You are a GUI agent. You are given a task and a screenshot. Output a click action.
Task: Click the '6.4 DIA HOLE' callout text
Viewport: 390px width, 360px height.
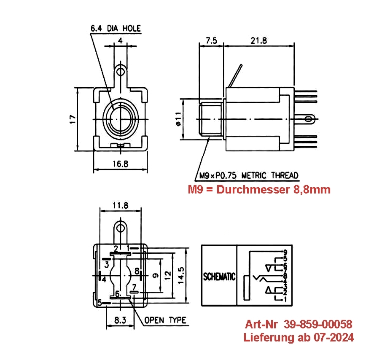click(116, 29)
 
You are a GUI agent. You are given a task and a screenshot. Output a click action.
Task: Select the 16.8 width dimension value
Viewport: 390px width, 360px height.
click(121, 164)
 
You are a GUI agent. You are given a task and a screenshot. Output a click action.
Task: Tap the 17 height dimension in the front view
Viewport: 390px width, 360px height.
click(73, 119)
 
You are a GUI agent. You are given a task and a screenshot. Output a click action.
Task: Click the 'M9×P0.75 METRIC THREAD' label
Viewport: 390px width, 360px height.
click(249, 175)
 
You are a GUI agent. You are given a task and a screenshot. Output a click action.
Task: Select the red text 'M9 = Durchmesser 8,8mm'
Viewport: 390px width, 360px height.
click(259, 190)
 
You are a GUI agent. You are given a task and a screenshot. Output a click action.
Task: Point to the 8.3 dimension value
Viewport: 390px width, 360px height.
click(121, 320)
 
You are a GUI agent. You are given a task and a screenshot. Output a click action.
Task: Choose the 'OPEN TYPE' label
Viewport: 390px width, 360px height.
click(165, 320)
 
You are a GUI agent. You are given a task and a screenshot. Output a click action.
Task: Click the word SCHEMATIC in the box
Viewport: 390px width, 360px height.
click(219, 277)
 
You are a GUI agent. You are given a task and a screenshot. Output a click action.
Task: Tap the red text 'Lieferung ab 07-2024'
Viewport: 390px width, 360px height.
click(299, 338)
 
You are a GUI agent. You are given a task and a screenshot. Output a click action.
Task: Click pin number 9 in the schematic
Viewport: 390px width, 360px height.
click(285, 253)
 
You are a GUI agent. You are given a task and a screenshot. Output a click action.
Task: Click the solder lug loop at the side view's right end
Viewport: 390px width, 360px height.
click(311, 119)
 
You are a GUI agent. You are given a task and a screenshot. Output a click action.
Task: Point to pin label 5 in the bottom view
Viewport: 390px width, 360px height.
click(100, 303)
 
